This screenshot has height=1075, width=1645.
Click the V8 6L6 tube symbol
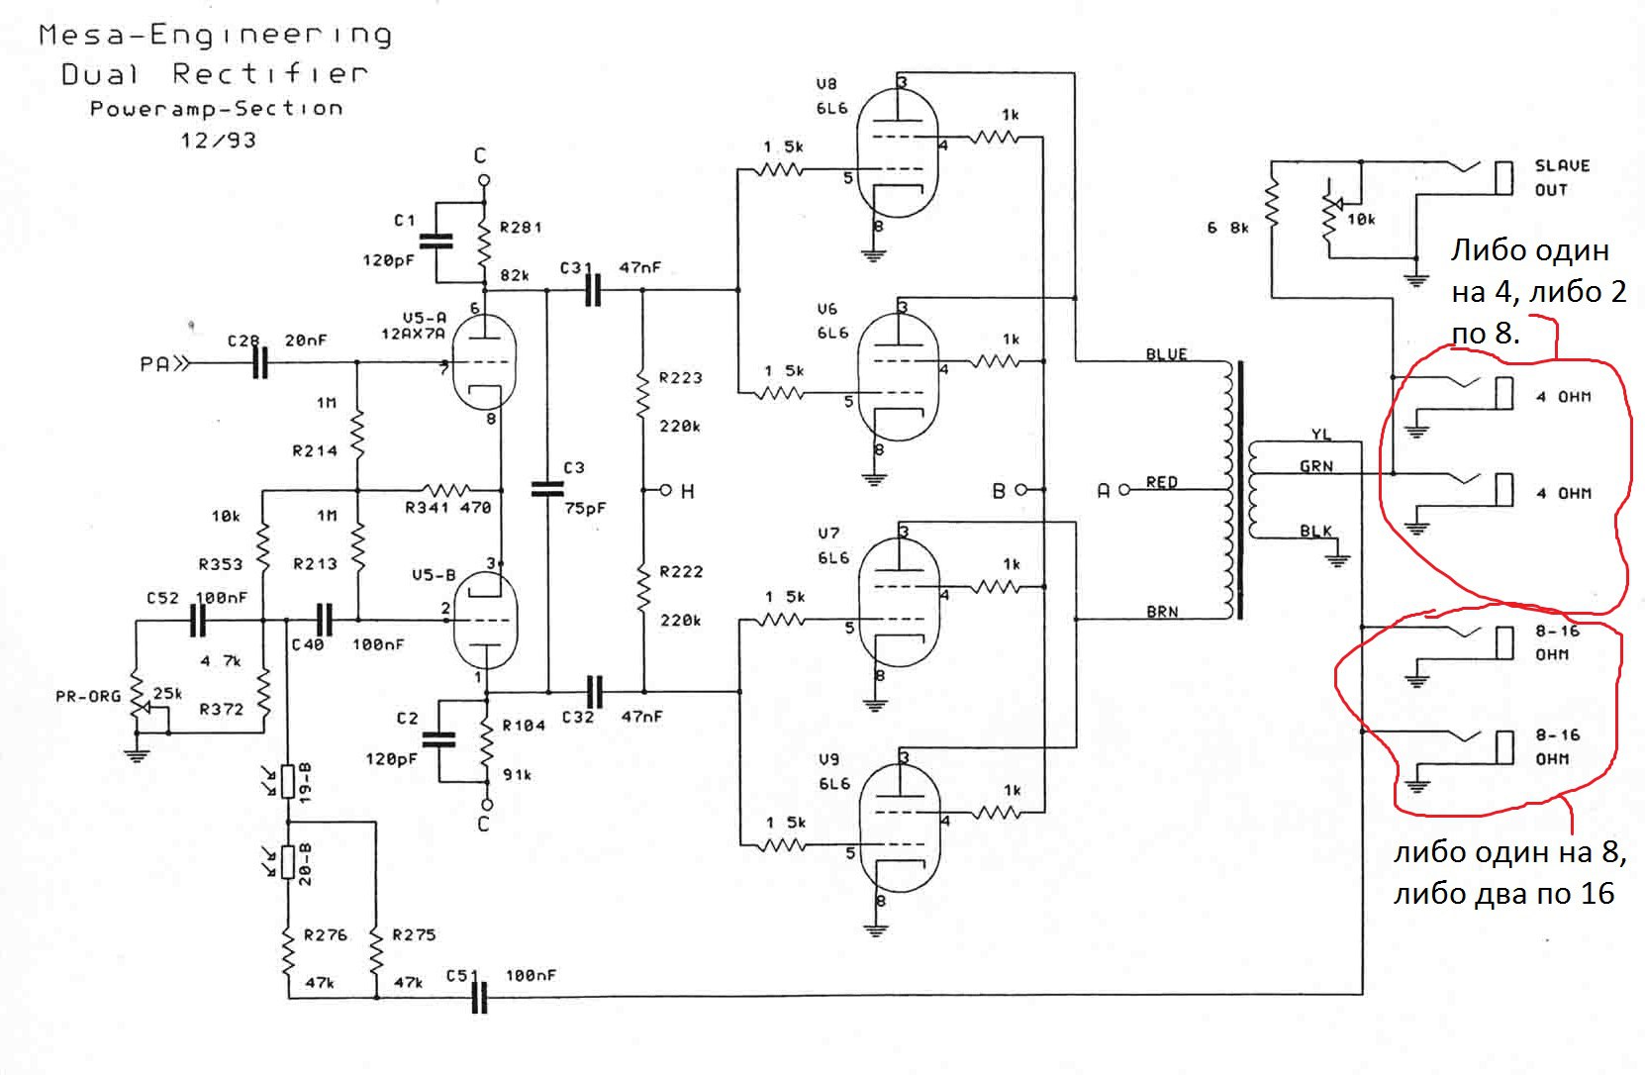(x=898, y=152)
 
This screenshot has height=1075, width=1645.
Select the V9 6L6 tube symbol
(x=899, y=829)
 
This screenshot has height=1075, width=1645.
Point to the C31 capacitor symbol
(x=593, y=290)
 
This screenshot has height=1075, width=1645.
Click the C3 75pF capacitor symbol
(x=548, y=488)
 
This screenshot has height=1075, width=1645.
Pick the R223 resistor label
(x=681, y=378)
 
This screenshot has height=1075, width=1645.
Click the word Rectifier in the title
(x=270, y=74)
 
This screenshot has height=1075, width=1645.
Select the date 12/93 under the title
(x=219, y=141)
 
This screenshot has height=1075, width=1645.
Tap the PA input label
(x=155, y=364)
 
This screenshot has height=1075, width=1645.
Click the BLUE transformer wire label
(x=1166, y=354)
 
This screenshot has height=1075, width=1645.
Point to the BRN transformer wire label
(x=1162, y=612)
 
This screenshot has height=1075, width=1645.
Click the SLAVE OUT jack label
(x=1562, y=178)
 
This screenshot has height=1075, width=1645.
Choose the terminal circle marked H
(x=665, y=490)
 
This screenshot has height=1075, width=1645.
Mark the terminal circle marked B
(x=1020, y=490)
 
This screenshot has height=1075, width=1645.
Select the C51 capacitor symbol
(x=479, y=997)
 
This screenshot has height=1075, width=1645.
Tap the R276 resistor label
(x=326, y=934)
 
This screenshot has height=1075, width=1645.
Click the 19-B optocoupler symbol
(x=288, y=781)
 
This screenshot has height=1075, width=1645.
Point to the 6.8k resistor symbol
(x=1272, y=204)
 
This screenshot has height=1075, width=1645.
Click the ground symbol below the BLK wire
(x=1337, y=561)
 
